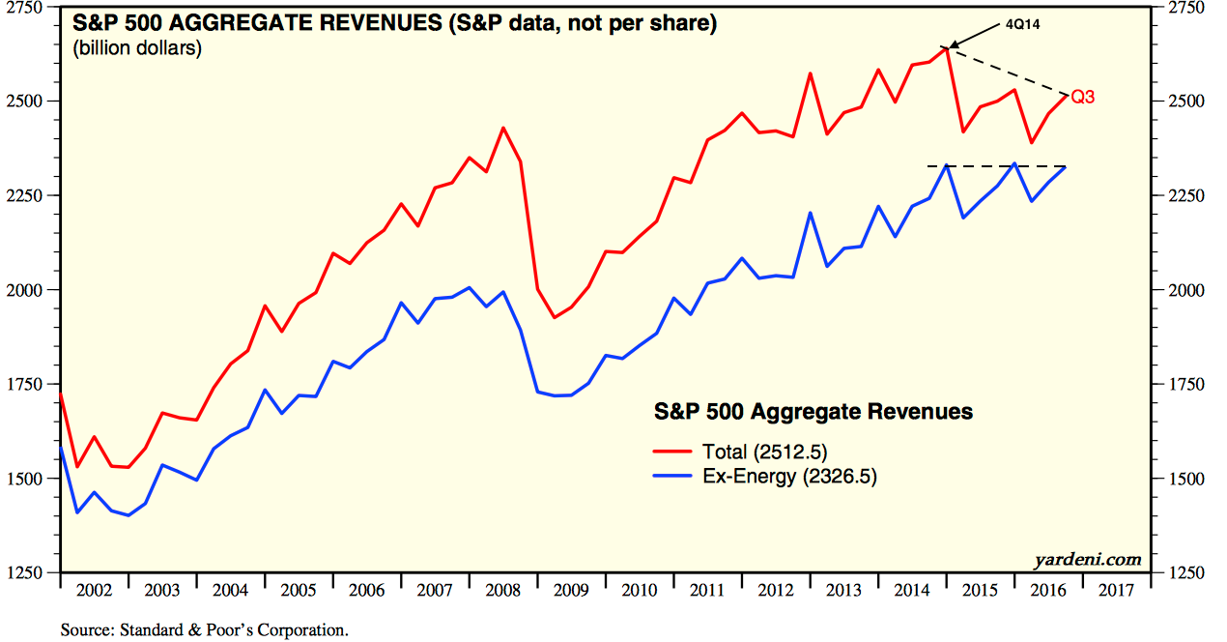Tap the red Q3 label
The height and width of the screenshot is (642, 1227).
[1083, 98]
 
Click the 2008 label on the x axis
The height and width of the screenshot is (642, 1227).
[501, 589]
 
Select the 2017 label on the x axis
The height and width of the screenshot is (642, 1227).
[1116, 589]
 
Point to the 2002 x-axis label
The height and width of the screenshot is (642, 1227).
[94, 589]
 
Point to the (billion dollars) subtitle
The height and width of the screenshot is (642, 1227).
[137, 47]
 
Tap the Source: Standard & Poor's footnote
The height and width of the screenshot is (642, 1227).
[204, 630]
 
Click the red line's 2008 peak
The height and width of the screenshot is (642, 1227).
[503, 128]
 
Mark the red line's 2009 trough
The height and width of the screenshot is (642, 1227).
[554, 317]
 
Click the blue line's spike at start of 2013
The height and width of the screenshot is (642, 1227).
[810, 213]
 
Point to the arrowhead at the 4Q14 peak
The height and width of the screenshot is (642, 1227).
[952, 44]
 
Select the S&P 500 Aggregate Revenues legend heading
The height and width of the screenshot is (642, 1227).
[813, 412]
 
